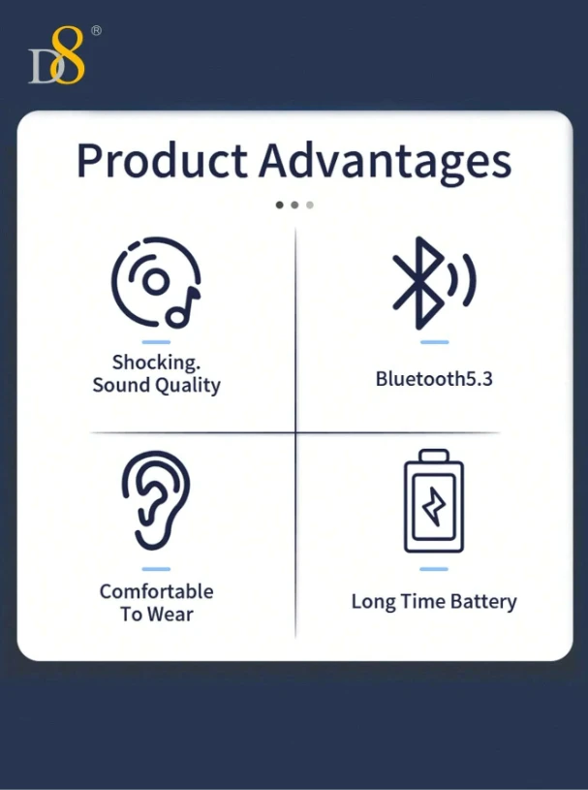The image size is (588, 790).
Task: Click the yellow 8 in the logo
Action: coord(68,54)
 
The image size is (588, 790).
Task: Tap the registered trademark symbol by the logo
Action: coord(96,31)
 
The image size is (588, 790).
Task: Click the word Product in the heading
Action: coord(162,161)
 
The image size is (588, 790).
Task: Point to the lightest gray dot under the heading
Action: coord(310,205)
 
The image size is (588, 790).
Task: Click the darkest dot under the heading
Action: coord(279,205)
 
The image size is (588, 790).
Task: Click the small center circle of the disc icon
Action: coord(156,281)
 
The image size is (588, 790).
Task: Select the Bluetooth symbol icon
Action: coord(418,283)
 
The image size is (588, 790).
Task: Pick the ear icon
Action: coord(156,500)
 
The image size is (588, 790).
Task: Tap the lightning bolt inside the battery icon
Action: coord(434,506)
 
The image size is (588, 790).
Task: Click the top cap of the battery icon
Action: coord(434,455)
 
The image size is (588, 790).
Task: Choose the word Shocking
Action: coord(156,363)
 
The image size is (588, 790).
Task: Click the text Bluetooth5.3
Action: coord(434,379)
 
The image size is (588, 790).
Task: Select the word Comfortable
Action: coord(156,591)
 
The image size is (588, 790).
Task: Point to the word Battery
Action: coord(483,602)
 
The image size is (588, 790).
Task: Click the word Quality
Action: coord(188,386)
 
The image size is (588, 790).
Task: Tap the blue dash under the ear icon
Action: coord(156,569)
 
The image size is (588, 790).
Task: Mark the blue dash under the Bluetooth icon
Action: coord(434,342)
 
